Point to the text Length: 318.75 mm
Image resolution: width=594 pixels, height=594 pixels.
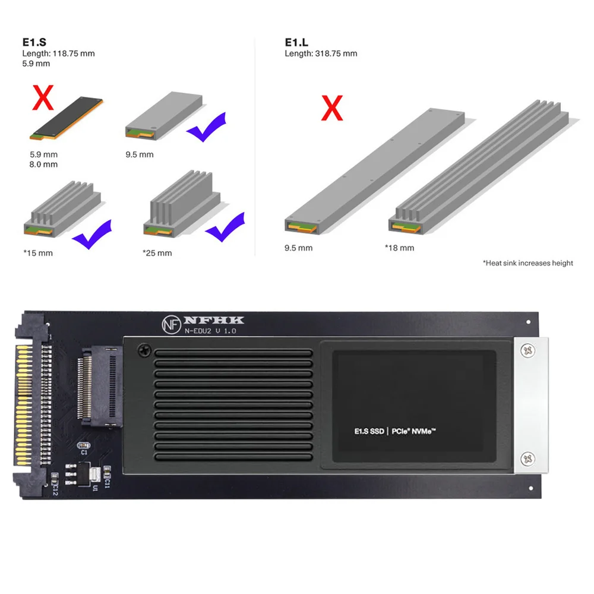tap(321, 53)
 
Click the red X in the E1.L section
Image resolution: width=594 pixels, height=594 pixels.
tap(331, 107)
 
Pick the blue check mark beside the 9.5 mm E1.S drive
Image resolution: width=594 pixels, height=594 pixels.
tap(206, 126)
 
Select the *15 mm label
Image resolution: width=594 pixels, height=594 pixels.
tap(38, 253)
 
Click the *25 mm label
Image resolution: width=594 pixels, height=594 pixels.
tap(157, 253)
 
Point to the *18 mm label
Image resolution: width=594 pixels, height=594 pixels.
tap(400, 248)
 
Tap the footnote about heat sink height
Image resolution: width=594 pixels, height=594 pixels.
tap(527, 263)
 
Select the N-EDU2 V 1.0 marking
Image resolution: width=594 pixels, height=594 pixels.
tap(210, 331)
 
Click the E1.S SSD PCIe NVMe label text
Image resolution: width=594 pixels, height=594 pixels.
tap(395, 432)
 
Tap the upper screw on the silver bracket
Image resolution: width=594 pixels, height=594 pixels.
tap(527, 352)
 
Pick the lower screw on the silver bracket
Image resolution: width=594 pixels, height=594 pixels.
tap(527, 458)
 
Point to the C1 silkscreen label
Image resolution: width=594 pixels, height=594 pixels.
tap(84, 452)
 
